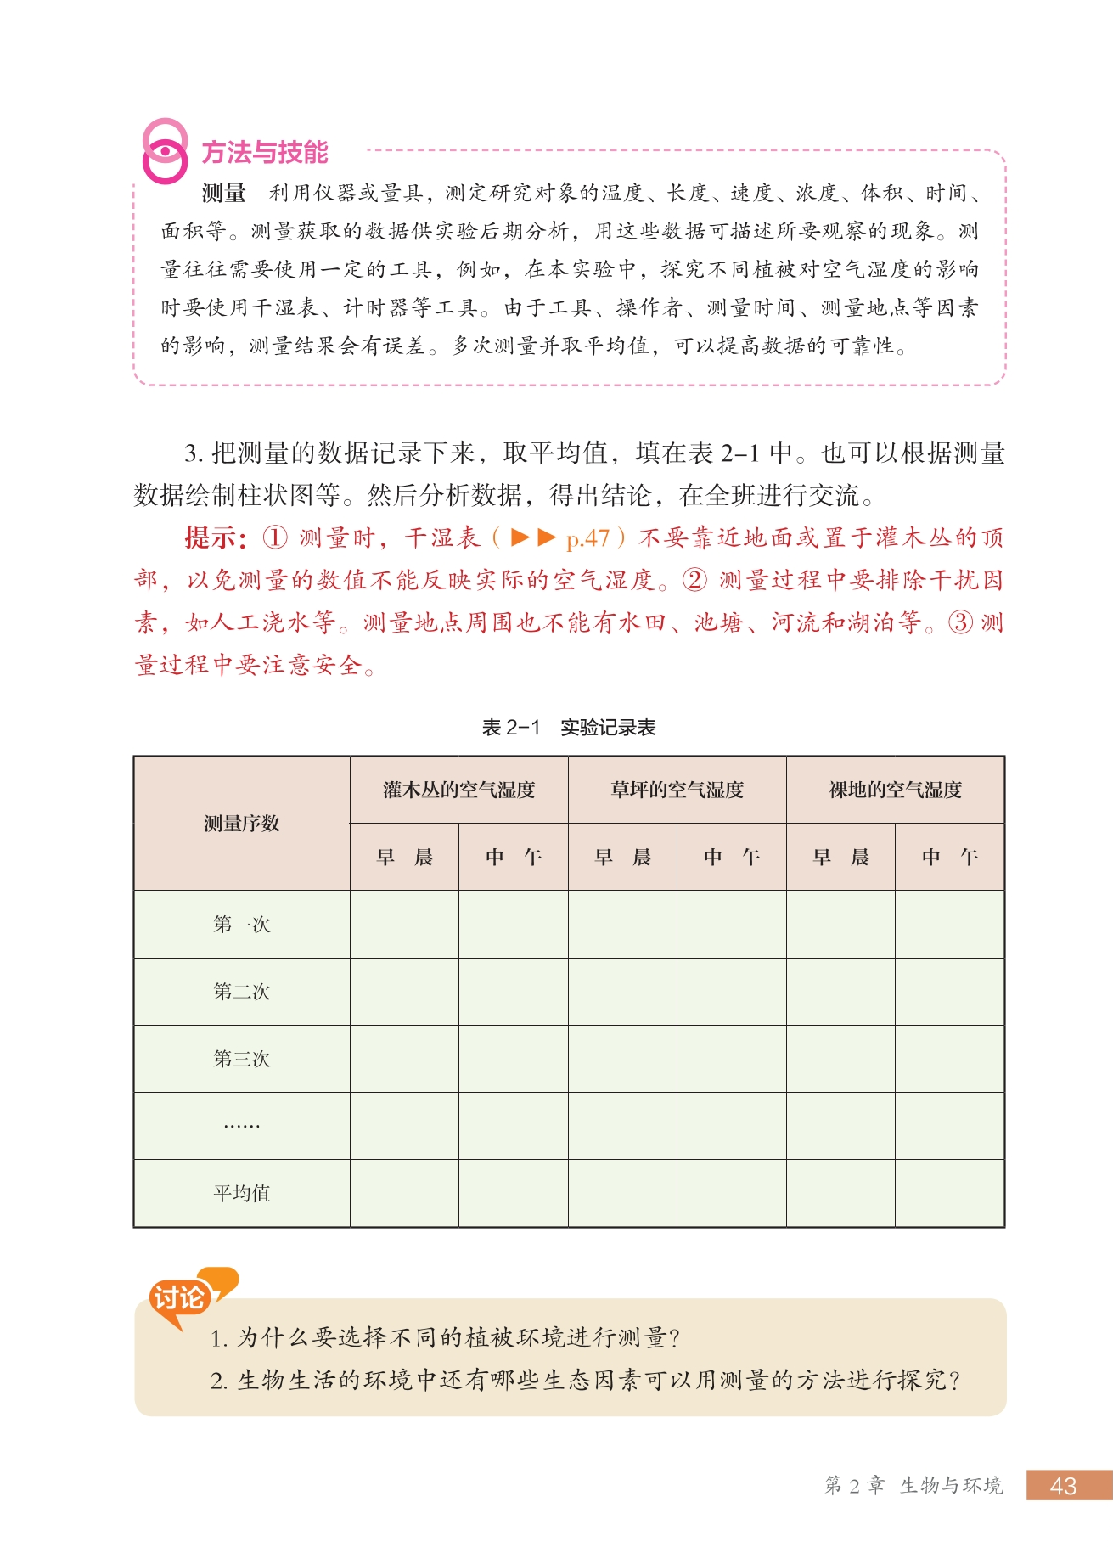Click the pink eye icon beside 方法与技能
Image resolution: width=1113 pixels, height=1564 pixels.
click(165, 152)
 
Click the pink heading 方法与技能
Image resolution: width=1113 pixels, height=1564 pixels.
click(264, 153)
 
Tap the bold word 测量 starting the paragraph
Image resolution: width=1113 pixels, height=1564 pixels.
click(223, 194)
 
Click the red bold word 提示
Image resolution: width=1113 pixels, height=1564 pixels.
click(214, 538)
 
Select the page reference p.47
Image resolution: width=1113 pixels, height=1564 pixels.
click(587, 538)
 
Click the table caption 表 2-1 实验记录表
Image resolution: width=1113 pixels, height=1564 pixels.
click(569, 728)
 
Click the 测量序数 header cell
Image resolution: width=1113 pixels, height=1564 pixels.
click(242, 824)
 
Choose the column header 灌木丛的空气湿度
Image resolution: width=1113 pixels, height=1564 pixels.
click(458, 790)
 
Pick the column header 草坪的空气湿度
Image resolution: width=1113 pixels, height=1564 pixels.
click(677, 790)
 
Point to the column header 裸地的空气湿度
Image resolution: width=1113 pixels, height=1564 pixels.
click(895, 790)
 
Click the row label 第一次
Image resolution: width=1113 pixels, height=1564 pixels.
click(242, 925)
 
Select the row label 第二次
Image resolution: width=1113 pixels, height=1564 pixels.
click(242, 992)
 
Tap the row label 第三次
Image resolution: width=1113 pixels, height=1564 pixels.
click(242, 1059)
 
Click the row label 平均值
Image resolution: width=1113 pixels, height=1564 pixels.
click(242, 1194)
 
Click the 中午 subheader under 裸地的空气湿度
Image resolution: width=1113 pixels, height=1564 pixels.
click(949, 858)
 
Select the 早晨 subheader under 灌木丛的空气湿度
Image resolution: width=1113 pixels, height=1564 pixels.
click(404, 858)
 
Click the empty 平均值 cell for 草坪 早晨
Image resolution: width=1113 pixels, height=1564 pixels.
click(622, 1194)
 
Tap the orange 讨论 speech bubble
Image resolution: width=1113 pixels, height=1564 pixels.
click(180, 1298)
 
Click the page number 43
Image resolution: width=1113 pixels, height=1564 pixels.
click(1063, 1486)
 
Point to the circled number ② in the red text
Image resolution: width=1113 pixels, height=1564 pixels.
click(694, 581)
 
